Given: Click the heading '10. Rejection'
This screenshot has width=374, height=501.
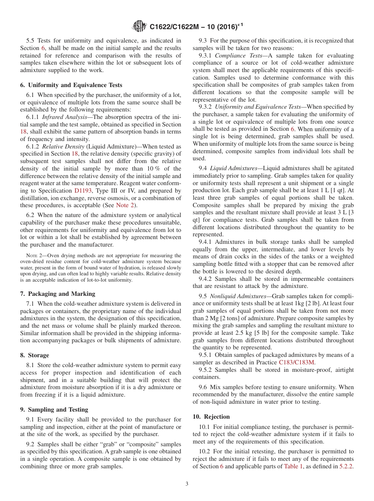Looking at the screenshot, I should click(211, 417).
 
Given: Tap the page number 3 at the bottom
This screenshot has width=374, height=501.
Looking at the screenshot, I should click(187, 484).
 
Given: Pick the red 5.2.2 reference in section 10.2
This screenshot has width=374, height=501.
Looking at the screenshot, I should click(346, 466).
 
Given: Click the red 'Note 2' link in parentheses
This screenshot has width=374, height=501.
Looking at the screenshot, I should click(125, 205).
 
